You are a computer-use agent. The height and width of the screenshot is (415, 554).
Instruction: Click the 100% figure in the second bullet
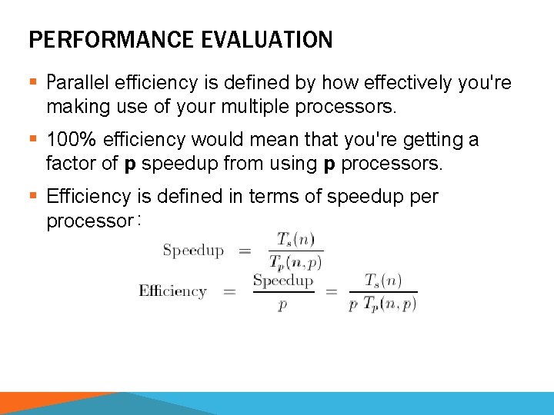coord(71,140)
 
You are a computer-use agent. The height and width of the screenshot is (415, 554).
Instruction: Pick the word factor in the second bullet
coord(69,164)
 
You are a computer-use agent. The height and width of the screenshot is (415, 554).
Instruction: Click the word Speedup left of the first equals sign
coord(193,250)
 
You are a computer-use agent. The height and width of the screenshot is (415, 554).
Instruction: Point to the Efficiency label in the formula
coord(172,290)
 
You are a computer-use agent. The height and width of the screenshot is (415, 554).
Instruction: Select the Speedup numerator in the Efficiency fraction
coord(283,281)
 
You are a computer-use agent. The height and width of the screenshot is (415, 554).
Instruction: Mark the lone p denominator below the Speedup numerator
coord(283,304)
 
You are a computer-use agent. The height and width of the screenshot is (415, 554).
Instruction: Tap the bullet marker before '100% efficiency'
coord(33,140)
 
